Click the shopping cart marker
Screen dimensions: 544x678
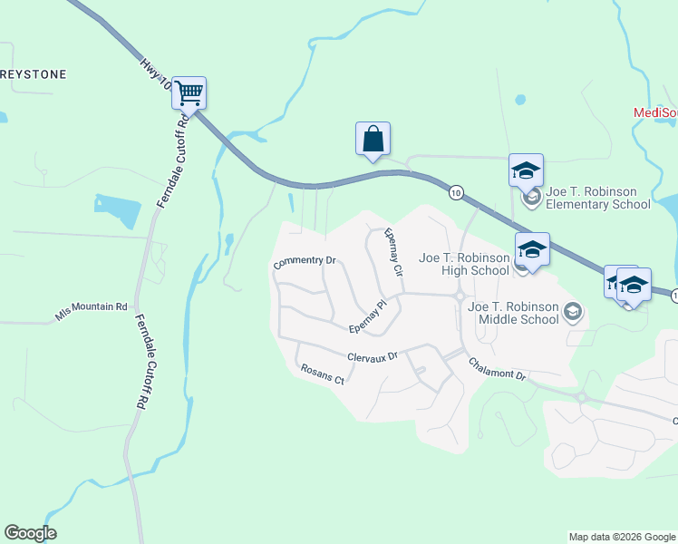pos(189,92)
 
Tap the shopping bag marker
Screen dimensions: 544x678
pos(373,139)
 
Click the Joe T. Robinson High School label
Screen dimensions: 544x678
pos(464,264)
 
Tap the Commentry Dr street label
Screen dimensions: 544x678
pos(305,262)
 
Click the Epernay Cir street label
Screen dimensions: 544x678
pos(392,251)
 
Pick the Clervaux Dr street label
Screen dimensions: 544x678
pos(373,357)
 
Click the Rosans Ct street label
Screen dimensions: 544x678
pos(322,374)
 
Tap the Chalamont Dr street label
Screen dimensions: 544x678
pos(497,368)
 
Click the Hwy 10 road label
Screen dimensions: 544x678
pos(155,73)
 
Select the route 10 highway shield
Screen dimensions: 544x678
pos(456,191)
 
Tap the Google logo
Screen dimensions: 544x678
pos(30,533)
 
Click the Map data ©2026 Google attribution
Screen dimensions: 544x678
pos(622,537)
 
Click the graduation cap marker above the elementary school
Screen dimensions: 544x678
pos(526,170)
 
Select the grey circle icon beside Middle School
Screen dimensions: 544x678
pos(572,313)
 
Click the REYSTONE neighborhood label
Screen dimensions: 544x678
pos(34,74)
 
